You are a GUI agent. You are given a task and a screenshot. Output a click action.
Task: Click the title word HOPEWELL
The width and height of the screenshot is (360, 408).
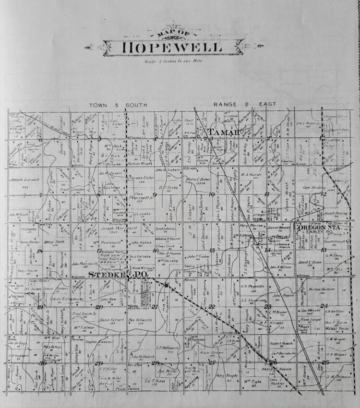[172, 48]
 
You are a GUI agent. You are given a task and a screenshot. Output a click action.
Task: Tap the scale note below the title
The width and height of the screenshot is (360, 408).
[173, 61]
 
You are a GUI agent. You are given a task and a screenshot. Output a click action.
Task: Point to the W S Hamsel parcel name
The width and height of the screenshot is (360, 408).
[250, 175]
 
